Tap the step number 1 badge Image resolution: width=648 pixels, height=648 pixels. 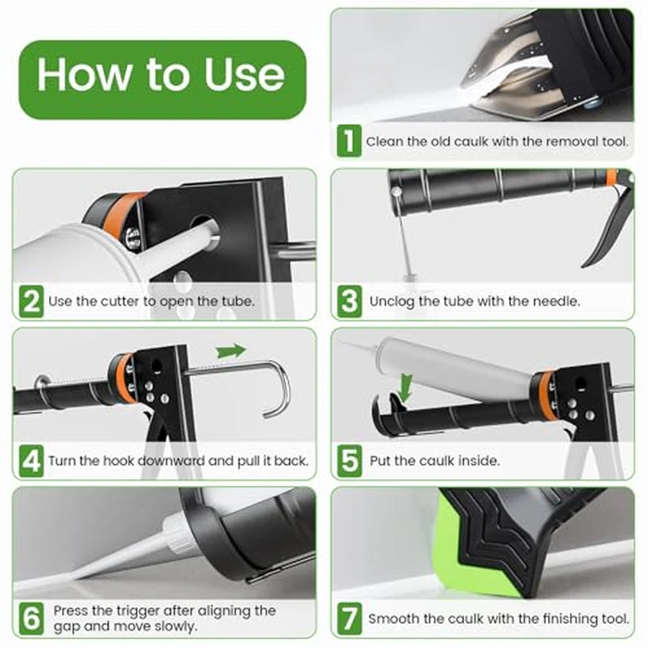point(349,142)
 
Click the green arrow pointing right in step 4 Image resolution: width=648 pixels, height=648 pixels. point(231,351)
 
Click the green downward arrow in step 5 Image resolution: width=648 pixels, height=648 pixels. point(404,382)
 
